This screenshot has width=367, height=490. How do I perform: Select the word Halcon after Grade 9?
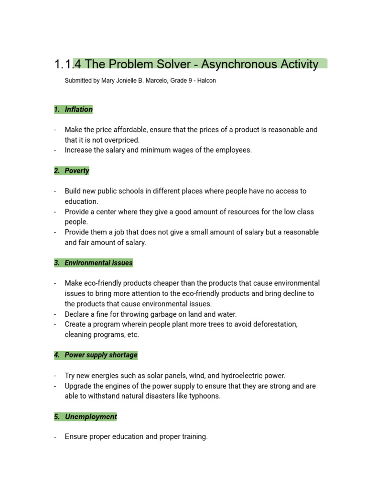(x=206, y=81)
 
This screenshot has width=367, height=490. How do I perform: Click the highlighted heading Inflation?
(x=79, y=110)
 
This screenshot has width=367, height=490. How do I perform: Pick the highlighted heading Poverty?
(x=77, y=171)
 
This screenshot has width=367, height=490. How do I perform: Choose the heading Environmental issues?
(x=98, y=263)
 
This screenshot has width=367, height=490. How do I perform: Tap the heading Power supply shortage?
(x=101, y=355)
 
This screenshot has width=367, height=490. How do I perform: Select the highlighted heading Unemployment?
(x=91, y=417)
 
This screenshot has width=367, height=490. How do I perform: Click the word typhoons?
(x=205, y=396)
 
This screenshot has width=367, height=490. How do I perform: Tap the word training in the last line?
(x=193, y=437)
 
